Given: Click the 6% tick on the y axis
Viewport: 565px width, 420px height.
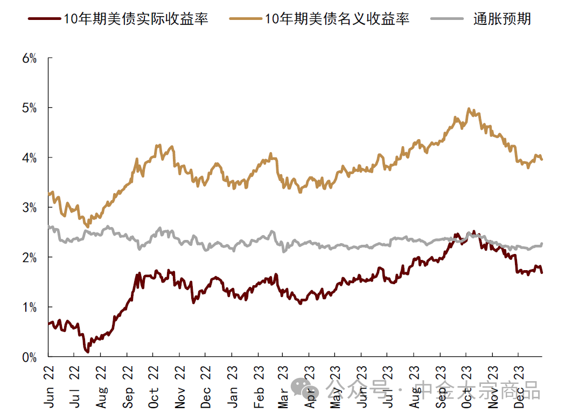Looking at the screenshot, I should [29, 58].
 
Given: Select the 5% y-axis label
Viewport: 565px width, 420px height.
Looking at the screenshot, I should [29, 108].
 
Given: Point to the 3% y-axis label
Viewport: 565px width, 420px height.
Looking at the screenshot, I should [29, 208].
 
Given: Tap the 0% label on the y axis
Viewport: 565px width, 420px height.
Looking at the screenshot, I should [29, 357].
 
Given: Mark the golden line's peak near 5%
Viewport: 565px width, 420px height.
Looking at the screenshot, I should [469, 109].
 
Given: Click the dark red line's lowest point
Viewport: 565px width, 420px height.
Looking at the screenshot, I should [87, 352].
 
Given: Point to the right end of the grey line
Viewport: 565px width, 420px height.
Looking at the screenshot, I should [542, 244].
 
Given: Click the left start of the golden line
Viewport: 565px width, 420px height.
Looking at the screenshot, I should [49, 195].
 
